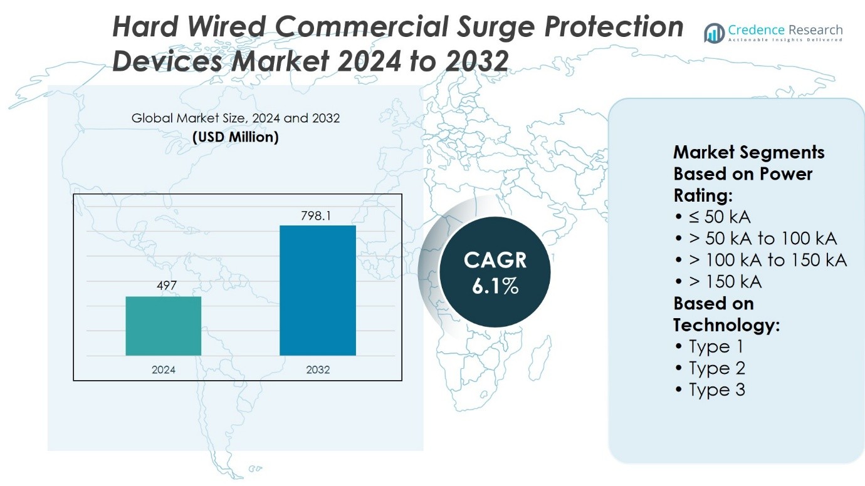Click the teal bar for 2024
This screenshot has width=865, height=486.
point(164,326)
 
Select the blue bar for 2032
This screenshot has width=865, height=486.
point(318,291)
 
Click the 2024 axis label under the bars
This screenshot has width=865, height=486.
point(164,370)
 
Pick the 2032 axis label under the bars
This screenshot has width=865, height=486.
point(318,370)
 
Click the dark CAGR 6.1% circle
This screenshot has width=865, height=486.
point(495,272)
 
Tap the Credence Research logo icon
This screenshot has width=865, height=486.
point(714,33)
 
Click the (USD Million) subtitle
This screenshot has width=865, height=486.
point(236,137)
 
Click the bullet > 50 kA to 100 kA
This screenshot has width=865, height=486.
point(756,239)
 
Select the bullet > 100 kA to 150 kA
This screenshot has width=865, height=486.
point(761,260)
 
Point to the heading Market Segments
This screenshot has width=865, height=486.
point(748,152)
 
